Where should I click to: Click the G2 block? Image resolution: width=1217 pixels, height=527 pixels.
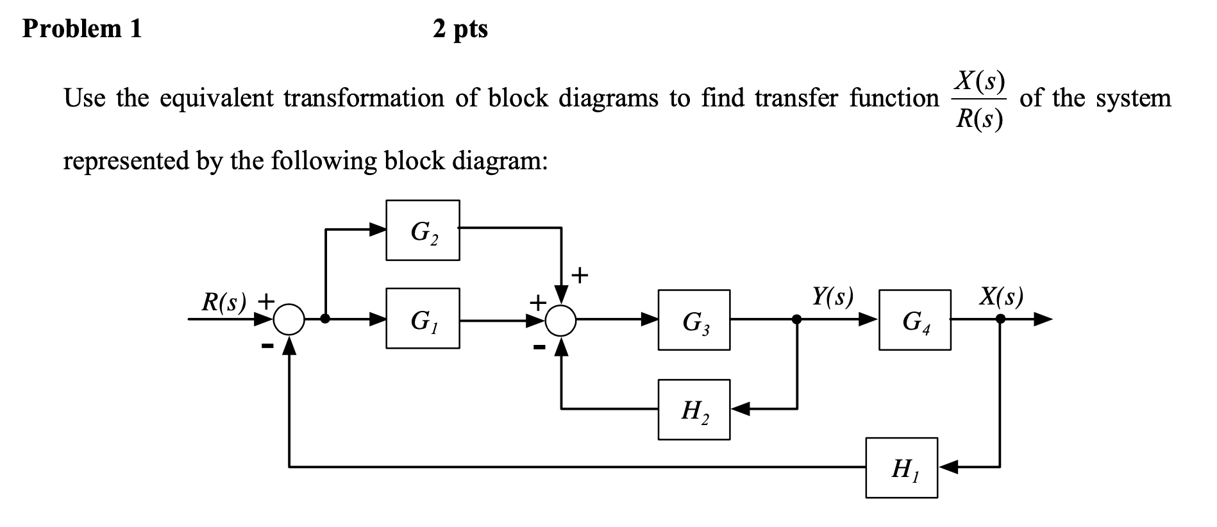point(423,230)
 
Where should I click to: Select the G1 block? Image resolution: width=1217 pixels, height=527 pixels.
point(423,319)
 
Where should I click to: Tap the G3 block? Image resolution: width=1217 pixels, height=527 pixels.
point(694,320)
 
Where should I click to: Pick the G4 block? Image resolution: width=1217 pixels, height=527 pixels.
point(914,320)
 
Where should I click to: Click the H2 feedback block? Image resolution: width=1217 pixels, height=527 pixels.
point(694,409)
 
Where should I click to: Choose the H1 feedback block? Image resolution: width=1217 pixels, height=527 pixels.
point(902,468)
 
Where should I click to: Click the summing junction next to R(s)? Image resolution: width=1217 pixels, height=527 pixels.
point(290,319)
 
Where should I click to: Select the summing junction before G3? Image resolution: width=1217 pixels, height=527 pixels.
point(562,319)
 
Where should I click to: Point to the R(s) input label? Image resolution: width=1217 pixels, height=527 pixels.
point(224,302)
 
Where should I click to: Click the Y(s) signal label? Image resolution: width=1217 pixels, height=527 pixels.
point(832,297)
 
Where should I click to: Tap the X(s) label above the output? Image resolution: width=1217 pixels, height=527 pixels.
point(1001,297)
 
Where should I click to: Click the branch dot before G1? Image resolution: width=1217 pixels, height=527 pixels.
point(326,319)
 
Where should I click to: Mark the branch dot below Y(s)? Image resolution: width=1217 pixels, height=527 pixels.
point(797,319)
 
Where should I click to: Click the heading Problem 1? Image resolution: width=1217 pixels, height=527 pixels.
point(82,29)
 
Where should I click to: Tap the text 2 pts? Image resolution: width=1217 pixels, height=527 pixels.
point(460,29)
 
